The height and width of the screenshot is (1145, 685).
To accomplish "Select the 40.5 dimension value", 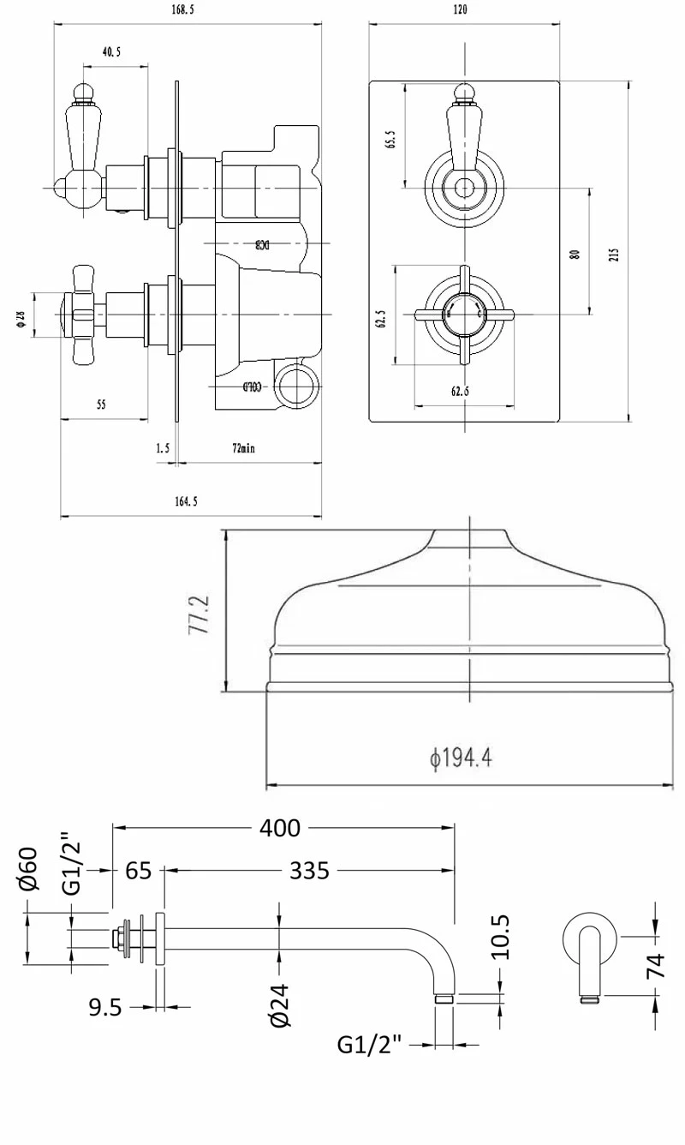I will [x=111, y=51].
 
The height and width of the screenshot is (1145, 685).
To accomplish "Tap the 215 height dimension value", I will [x=613, y=255].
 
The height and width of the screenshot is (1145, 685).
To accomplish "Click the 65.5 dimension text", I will [x=390, y=140].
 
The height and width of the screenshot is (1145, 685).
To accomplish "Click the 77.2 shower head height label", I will [x=200, y=612].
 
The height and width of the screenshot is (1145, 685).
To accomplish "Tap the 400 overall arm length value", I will [x=281, y=828].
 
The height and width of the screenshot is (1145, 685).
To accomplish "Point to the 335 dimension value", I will [x=309, y=871].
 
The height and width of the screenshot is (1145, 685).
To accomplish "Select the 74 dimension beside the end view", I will [x=656, y=966].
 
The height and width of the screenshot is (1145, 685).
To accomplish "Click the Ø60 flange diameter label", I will [x=28, y=868].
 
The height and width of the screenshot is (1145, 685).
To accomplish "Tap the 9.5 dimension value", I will [x=105, y=1008].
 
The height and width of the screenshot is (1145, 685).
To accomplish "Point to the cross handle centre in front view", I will [x=463, y=313].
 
